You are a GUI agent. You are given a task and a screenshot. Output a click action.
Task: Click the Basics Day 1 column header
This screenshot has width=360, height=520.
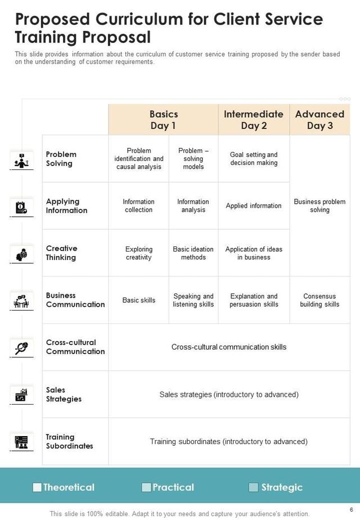pos(163,120)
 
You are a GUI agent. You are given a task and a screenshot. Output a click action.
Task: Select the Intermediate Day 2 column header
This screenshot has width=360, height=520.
pos(254,120)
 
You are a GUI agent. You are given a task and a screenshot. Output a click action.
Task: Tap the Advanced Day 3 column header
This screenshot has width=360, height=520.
pos(319,120)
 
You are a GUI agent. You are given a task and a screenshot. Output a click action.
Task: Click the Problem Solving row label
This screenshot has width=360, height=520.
pos(61,159)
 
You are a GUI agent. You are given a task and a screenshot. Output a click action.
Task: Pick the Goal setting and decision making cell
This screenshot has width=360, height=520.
pos(254,159)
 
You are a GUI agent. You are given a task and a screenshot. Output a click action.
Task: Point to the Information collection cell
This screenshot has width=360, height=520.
pos(138,206)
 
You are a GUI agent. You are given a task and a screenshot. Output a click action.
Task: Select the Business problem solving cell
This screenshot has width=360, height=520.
pos(319,206)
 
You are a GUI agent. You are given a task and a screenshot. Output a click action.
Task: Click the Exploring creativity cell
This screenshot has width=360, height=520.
pos(138,253)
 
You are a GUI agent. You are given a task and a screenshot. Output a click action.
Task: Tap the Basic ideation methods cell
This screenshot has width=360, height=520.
pos(193,253)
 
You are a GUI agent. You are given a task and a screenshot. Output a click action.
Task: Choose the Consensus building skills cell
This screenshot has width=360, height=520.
pos(319,300)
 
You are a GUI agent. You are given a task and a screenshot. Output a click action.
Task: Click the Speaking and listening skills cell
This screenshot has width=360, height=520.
pos(193,300)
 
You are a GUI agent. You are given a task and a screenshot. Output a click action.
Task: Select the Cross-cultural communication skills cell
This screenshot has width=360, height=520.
pos(229,347)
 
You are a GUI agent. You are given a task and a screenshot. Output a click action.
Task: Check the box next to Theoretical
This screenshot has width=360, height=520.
pos(37,487)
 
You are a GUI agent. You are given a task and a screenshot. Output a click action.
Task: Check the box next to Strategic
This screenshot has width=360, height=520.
pos(254,487)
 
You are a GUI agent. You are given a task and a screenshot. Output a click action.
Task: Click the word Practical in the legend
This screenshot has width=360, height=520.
pos(173,487)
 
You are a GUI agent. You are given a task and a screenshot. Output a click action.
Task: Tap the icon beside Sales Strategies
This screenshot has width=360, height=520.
pos(21,395)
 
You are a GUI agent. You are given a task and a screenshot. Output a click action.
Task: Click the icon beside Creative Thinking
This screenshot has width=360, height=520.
pos(21,254)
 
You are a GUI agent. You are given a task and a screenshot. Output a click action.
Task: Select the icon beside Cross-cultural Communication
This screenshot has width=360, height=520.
pos(21,347)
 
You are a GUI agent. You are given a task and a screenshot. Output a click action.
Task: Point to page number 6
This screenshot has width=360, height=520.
pos(351,509)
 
